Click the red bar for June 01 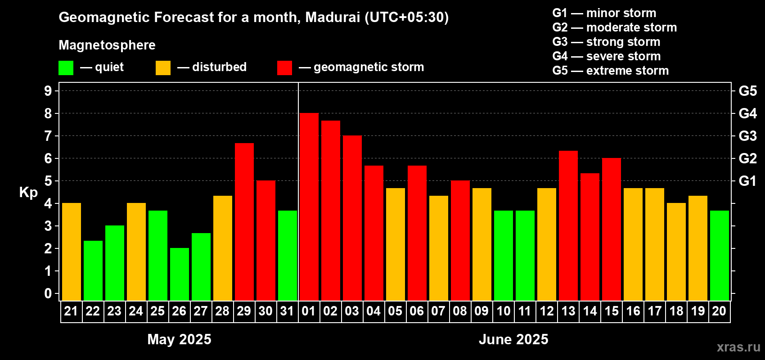309,207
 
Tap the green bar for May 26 180,274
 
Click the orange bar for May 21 72,252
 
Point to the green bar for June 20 720,256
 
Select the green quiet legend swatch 66,68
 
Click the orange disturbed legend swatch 163,68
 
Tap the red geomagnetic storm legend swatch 284,68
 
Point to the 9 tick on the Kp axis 48,91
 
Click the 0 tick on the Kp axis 48,294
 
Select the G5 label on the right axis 747,91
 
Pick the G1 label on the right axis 747,181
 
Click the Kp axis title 28,193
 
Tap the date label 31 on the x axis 287,311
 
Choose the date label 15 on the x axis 612,311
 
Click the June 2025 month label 513,339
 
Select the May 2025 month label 179,339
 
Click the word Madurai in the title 333,18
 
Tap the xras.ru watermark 738,347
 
